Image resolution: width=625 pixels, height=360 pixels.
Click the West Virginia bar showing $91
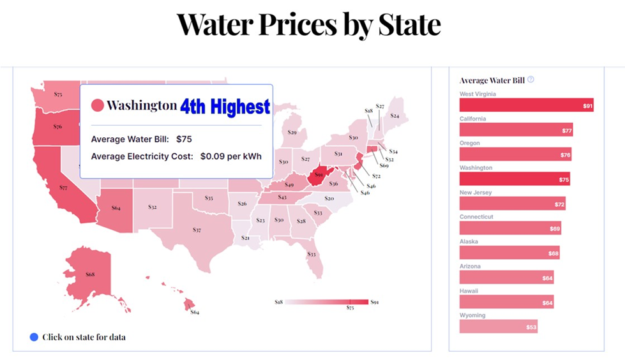526,105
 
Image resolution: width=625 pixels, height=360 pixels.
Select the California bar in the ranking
516,130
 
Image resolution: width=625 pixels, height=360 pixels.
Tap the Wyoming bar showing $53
498,327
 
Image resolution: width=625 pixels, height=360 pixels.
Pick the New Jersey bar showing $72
512,204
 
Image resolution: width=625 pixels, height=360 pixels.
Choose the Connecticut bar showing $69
510,228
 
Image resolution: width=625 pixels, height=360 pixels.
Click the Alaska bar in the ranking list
509,253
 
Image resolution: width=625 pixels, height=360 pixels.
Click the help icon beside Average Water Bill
531,80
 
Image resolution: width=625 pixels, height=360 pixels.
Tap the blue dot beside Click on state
34,336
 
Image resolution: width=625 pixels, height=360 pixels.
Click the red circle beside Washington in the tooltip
98,105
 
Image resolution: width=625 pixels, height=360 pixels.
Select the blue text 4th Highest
225,106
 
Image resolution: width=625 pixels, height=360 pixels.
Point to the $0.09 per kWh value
231,155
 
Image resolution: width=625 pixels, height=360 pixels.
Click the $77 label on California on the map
63,188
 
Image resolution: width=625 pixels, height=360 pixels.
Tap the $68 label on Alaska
90,274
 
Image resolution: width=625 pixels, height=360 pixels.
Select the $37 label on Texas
197,230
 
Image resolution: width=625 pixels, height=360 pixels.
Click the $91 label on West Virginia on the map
319,174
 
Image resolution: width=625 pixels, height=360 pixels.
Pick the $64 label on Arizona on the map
116,207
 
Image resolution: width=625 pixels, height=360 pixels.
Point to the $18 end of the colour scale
278,301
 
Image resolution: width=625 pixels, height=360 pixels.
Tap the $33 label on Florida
312,254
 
